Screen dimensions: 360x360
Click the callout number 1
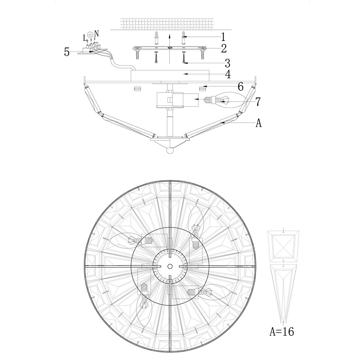click(223, 37)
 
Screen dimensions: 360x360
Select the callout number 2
click(224, 49)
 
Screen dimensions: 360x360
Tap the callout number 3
click(227, 63)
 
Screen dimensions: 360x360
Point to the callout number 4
click(228, 75)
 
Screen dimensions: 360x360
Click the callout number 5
click(67, 52)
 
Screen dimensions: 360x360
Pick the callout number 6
click(240, 87)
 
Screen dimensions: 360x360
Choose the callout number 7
click(258, 102)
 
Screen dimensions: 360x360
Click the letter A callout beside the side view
click(259, 123)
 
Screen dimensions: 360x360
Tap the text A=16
click(282, 331)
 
